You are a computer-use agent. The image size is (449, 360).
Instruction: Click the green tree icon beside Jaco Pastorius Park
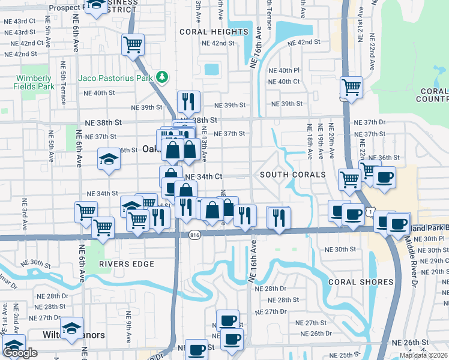pos(161,77)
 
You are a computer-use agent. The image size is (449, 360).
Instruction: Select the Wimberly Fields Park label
pos(34,82)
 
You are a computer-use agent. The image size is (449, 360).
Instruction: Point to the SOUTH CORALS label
pos(292,175)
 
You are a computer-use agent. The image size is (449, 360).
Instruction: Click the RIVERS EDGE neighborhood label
pos(124,264)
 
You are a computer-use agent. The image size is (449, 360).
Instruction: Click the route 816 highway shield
pos(194,235)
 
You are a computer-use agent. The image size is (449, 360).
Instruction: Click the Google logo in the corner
pos(20,353)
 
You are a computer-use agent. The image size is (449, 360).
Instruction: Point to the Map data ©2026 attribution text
pos(423,355)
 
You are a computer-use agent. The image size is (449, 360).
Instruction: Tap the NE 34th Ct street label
pos(204,178)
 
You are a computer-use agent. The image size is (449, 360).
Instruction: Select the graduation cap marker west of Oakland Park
pos(109,159)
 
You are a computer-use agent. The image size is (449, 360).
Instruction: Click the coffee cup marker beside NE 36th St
pos(384,176)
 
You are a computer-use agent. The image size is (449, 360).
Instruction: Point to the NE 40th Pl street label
pos(284,71)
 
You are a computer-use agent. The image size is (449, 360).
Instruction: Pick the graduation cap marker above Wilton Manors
pos(71,328)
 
